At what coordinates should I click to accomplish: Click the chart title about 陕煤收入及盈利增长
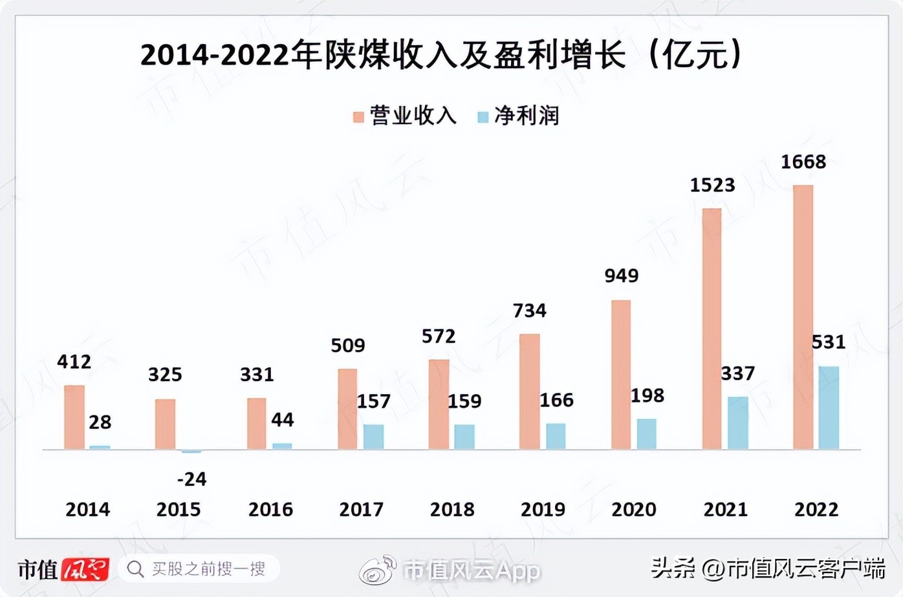(441, 54)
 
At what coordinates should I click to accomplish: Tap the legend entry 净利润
(519, 116)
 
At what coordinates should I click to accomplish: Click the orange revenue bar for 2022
(803, 317)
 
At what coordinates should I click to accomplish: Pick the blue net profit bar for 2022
(829, 408)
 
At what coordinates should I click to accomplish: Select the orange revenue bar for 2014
(74, 417)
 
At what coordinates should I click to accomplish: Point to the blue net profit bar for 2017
(373, 437)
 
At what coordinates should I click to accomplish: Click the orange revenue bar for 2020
(621, 375)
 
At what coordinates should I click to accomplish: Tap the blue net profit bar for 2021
(737, 423)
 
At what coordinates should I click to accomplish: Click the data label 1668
(803, 162)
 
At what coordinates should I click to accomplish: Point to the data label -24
(191, 479)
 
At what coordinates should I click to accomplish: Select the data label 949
(621, 276)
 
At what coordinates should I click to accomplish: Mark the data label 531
(829, 342)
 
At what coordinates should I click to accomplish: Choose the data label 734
(529, 311)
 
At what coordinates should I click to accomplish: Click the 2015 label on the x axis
(179, 510)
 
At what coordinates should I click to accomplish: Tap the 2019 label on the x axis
(543, 510)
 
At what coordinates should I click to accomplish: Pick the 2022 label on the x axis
(816, 510)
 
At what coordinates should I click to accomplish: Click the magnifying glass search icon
(135, 569)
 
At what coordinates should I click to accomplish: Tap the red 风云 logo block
(85, 569)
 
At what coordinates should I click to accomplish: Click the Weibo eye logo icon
(378, 569)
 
